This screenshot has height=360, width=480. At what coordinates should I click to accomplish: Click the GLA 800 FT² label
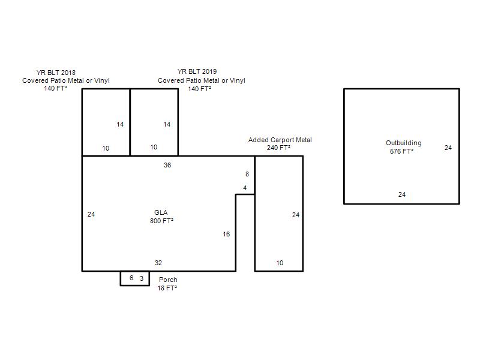[x=161, y=217]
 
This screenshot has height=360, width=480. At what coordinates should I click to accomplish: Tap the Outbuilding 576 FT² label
[x=403, y=147]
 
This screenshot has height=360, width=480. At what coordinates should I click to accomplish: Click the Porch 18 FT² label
[x=167, y=284]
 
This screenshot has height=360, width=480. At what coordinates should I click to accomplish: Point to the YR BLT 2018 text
[x=56, y=73]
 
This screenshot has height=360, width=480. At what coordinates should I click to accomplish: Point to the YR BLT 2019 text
[x=197, y=71]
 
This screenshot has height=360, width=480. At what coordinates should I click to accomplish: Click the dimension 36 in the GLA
[x=167, y=166]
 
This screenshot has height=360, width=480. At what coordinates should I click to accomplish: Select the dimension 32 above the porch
[x=158, y=263]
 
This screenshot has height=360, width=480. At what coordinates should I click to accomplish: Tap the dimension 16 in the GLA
[x=226, y=234]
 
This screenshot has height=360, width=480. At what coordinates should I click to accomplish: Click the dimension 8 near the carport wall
[x=247, y=174]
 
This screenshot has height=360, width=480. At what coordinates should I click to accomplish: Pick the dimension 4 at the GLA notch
[x=245, y=188]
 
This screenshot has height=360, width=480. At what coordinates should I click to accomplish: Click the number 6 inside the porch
[x=131, y=278]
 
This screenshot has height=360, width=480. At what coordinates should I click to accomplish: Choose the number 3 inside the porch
[x=142, y=278]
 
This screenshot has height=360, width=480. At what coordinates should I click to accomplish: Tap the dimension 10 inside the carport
[x=280, y=263]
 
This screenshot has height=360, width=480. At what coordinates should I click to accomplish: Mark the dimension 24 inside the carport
[x=296, y=215]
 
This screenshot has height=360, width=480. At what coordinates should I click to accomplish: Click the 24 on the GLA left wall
[x=91, y=214]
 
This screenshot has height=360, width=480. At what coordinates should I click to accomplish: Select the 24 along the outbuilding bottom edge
[x=402, y=194]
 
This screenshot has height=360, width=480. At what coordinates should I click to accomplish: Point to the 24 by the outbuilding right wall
[x=448, y=148]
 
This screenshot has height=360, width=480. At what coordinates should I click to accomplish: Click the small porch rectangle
[x=120, y=278]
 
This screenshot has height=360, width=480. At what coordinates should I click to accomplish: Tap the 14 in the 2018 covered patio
[x=120, y=124]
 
